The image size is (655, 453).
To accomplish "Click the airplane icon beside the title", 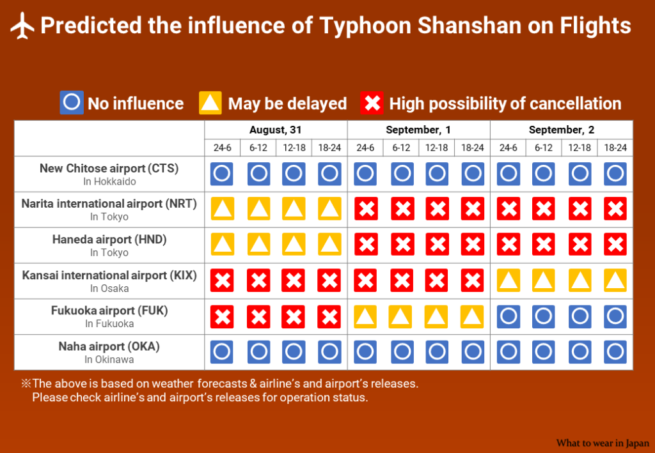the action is pos(22,26).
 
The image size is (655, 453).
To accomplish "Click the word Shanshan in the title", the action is pos(470,26).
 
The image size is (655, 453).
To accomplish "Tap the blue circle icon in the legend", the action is pos(72,103).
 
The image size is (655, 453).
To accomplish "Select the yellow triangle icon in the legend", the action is pos(210,103).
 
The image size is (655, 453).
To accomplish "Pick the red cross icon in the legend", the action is pos(372,103).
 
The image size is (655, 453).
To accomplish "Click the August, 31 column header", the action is pos(275,130).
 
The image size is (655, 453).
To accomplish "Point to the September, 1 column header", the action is pos(418,130).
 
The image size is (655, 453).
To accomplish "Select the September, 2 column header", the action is pos(561,130).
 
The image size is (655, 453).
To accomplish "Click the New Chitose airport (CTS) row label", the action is pos(109,169).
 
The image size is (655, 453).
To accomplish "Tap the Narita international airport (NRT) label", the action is pos(109,204).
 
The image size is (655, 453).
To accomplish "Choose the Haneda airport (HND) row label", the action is pos(109,240).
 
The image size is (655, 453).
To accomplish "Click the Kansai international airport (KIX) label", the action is pos(109,275).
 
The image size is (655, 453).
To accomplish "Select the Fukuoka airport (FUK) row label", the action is pos(109,311).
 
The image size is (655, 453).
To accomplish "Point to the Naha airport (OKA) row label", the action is pos(109,347).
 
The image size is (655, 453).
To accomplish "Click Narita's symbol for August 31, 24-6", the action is pos(222,208).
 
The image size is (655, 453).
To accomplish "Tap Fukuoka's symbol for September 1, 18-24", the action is pos(473,317).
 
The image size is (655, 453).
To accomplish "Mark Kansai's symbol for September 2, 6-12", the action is pos(544,280).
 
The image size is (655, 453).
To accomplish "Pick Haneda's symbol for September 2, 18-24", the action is pos(615,244).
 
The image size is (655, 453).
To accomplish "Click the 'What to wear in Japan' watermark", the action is pos(603,443).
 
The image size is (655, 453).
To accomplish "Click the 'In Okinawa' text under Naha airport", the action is pos(109,360).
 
